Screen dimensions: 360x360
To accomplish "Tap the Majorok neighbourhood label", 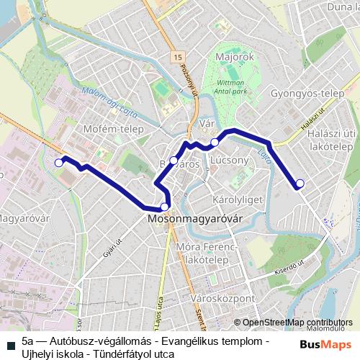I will [x=234, y=55].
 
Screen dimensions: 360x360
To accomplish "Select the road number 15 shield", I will [x=178, y=56].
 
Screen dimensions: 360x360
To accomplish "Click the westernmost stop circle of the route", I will [x=59, y=163].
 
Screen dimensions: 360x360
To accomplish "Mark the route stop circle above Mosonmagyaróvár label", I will [x=165, y=207].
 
